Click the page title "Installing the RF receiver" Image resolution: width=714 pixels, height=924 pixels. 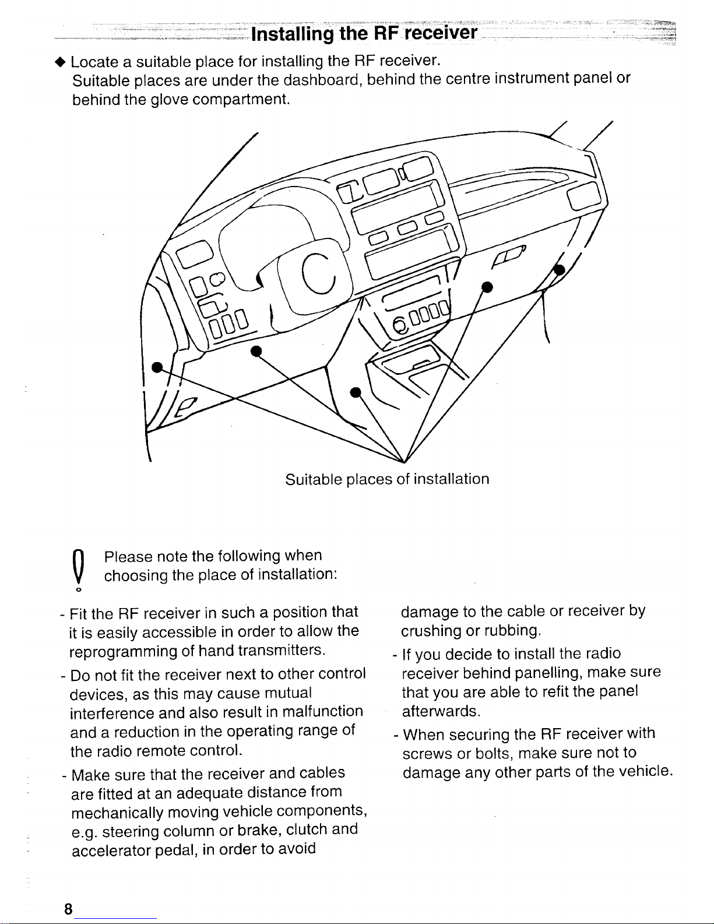click(x=364, y=32)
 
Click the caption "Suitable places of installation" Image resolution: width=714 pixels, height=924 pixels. click(x=387, y=479)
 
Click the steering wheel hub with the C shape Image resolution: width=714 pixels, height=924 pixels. click(x=318, y=275)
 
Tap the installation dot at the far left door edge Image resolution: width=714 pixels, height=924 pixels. click(x=156, y=367)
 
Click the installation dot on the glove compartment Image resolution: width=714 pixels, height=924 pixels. click(x=487, y=286)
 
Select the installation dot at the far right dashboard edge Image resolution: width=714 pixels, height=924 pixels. click(x=560, y=269)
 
